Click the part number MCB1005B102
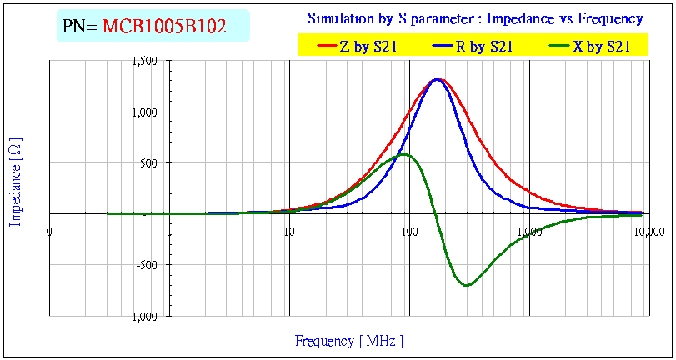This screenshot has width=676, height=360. point(164,27)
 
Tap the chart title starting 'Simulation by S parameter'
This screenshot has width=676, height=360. point(475,18)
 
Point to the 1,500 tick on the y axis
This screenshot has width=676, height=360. point(144,61)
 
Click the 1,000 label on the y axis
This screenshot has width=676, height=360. point(144,112)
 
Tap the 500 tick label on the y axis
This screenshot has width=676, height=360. point(149,162)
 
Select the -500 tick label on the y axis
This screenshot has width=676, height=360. point(148,264)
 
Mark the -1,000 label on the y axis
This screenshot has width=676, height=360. point(143,316)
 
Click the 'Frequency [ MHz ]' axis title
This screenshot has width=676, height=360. point(348,341)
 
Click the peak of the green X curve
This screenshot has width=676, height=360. point(403,154)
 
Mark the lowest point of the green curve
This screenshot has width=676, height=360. point(466,286)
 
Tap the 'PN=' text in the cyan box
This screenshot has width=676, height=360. point(81,27)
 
